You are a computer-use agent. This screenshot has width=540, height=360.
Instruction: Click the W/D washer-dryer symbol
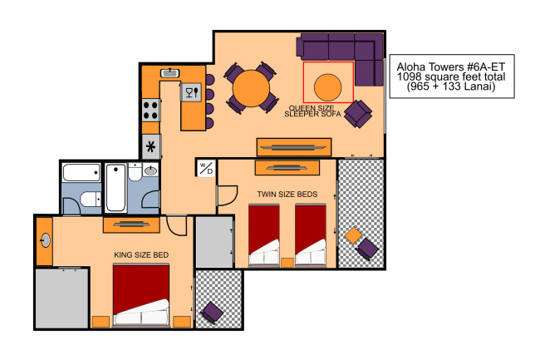point(206,168)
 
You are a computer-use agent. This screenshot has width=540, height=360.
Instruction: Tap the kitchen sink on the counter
point(169,73)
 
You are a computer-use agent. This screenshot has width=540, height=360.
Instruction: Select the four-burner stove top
point(150,110)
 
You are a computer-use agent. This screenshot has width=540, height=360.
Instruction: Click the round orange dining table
point(251,88)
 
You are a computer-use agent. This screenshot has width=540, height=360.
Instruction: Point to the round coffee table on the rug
point(327,87)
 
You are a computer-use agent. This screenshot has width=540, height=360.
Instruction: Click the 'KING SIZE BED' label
point(141,255)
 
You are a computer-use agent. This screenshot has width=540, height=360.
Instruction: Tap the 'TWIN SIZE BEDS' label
point(287,195)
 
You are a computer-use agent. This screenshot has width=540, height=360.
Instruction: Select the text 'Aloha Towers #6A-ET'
point(451,67)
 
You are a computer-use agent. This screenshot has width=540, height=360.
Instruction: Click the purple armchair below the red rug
point(358,113)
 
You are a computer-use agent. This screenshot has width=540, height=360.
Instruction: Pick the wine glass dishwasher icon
point(191,92)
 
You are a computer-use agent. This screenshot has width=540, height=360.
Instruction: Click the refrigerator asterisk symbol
point(151,147)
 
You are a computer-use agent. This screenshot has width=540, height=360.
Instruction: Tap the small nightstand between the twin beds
point(287,263)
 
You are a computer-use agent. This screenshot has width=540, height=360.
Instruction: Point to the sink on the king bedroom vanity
point(45,240)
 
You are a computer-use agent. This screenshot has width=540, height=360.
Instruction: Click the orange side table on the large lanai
point(353,235)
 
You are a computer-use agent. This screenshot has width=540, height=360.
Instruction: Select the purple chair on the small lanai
point(212,313)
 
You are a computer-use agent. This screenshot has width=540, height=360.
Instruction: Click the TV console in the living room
point(294,147)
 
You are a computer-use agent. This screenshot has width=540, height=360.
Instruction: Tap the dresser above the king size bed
point(131,224)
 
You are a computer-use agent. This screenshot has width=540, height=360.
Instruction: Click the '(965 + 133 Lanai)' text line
point(451,86)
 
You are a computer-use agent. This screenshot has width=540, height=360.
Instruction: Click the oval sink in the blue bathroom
point(150,170)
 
